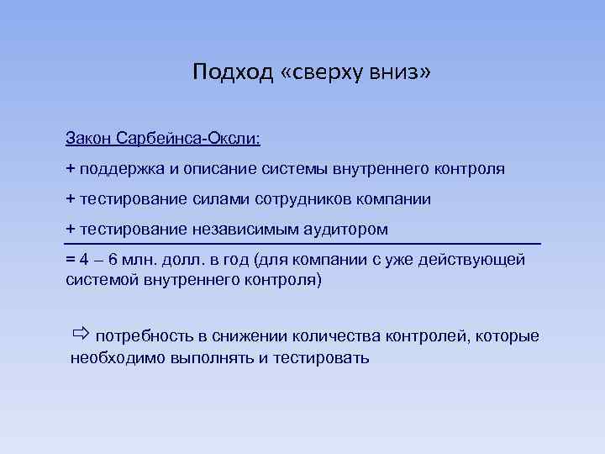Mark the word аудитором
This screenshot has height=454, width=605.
click(349, 229)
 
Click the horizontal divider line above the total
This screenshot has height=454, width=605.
click(302, 244)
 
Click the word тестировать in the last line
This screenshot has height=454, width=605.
click(322, 357)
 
